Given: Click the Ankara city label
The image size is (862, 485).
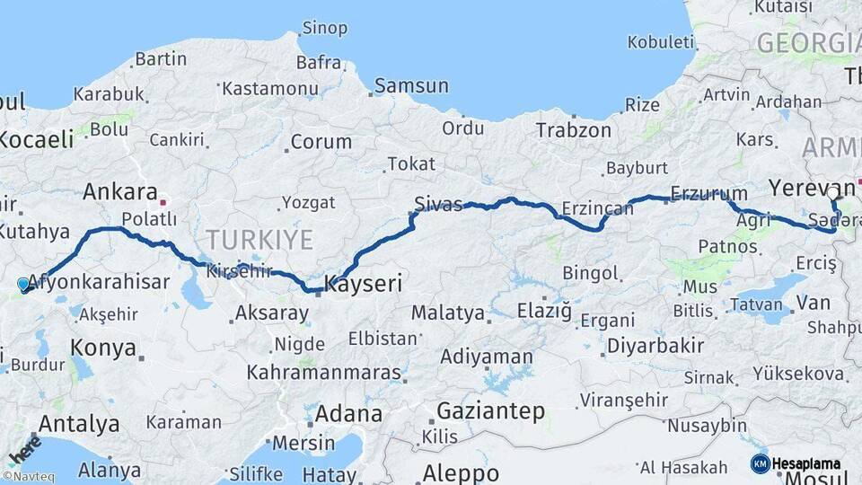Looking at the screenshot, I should point(119,192).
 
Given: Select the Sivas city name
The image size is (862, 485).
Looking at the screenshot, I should point(438,204).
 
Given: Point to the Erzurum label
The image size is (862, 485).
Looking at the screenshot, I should point(708,193).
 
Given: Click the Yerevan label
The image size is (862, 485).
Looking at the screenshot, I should point(804,187).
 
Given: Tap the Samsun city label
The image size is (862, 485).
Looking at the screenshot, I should point(411,86).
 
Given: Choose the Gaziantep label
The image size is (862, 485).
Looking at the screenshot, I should point(490,411).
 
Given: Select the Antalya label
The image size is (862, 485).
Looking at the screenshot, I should point(80,423).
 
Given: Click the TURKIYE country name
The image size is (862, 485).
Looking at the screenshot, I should point(259,240).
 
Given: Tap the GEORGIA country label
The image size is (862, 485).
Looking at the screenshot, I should point(808,43).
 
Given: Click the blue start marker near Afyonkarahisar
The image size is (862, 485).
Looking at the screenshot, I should point(23,284).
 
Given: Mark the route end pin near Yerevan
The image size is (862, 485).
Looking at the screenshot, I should point(833,191).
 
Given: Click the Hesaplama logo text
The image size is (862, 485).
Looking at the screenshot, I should point(805,463).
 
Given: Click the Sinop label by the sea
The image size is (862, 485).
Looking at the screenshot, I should point(324,28).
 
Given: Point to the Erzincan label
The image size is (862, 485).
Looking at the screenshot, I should point(597,208).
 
